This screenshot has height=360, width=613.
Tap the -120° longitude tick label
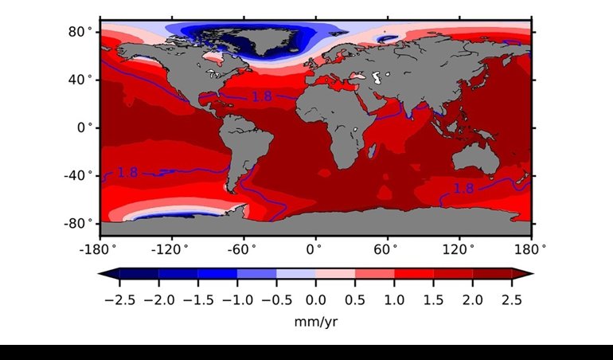point(170,248)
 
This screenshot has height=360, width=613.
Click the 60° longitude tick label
point(387,248)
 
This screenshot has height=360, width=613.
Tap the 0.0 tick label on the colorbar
point(316,300)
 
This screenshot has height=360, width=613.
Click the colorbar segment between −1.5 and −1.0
point(217,274)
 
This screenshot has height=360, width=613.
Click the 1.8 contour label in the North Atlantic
point(262,96)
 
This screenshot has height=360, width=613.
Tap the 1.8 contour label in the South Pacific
point(127,172)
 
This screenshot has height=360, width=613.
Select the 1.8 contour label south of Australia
point(463,189)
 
